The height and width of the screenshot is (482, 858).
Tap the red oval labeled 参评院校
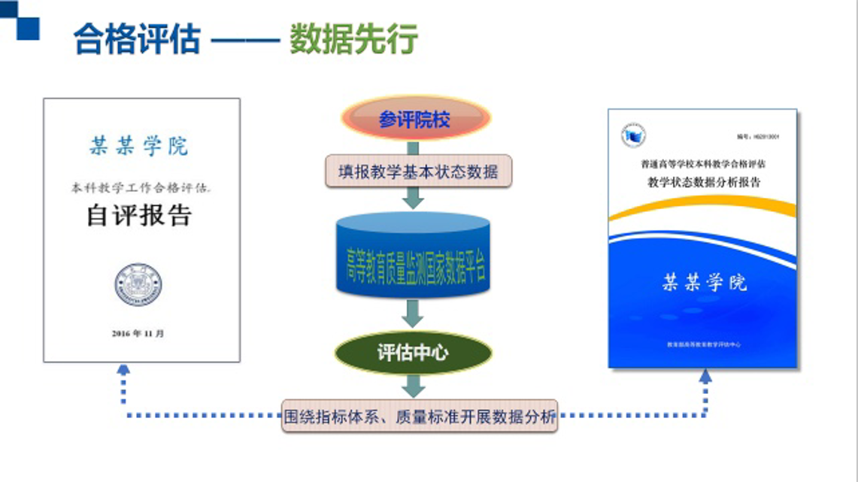(415, 120)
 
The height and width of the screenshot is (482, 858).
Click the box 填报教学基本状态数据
(418, 171)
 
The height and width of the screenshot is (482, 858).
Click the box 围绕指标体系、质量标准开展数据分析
(420, 416)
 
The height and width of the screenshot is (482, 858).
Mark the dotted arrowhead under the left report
(123, 371)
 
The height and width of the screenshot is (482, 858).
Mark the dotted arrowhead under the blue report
(705, 377)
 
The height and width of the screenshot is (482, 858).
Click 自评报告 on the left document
(140, 216)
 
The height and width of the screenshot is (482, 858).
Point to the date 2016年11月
(138, 333)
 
